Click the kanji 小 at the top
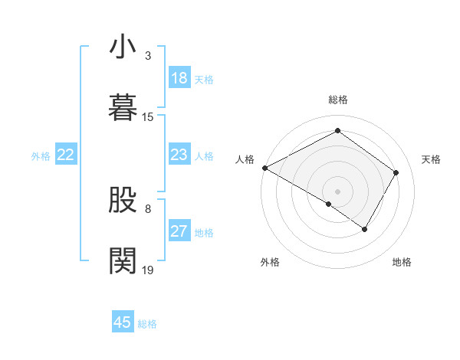[123, 47]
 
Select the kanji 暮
[123, 106]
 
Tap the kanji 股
[123, 201]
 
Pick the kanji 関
[123, 260]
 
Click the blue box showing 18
[179, 78]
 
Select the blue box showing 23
[179, 155]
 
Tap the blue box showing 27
[179, 231]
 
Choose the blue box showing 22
[66, 155]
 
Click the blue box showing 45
[123, 322]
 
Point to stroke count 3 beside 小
[148, 56]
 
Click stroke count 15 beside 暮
[148, 116]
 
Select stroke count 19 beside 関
[148, 270]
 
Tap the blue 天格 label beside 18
[204, 79]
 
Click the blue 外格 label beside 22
[41, 155]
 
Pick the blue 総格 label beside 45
[147, 323]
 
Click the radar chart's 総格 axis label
[338, 100]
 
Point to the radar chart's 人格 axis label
[245, 159]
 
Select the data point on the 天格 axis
[396, 172]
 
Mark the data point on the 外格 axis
[329, 204]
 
